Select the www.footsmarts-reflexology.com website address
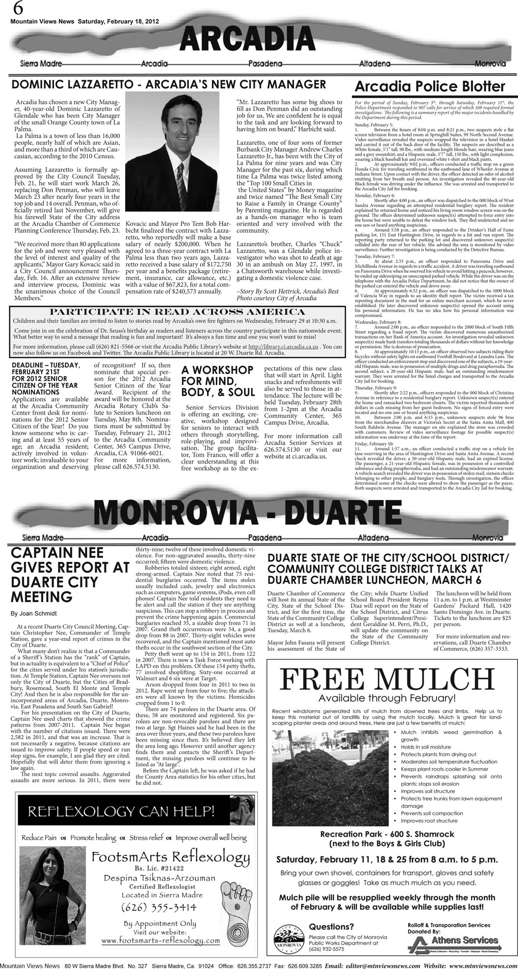click(x=160, y=940)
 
